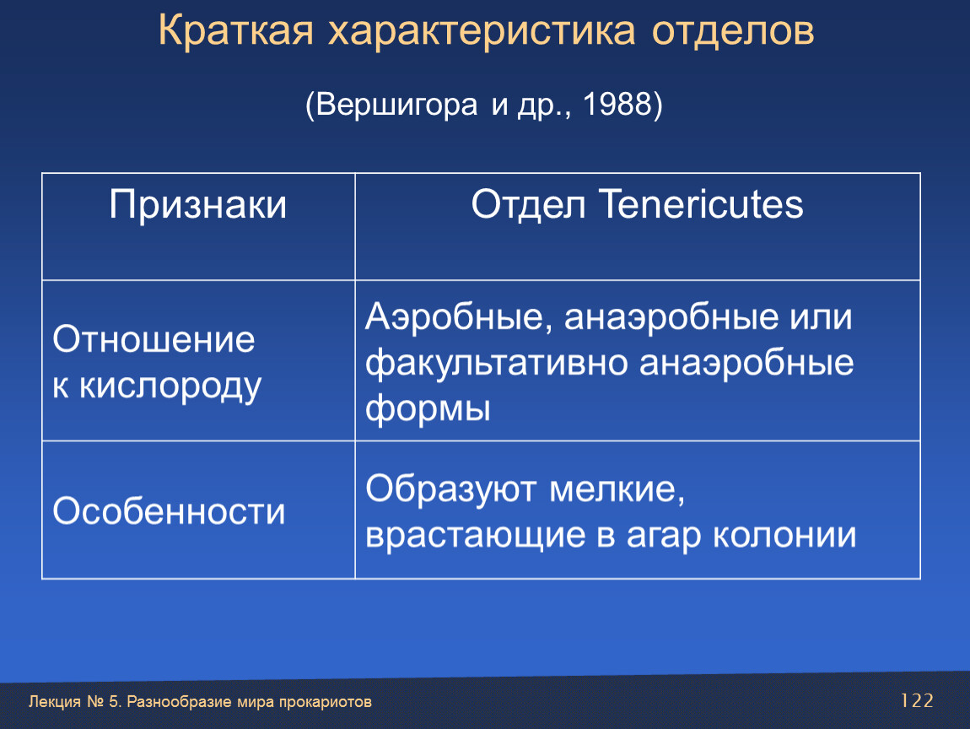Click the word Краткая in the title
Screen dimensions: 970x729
point(235,30)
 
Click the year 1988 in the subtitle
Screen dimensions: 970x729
point(617,103)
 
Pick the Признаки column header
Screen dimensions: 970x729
point(198,205)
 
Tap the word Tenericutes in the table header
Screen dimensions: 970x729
point(702,204)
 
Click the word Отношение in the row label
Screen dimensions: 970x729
point(154,339)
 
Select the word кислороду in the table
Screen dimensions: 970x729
point(170,387)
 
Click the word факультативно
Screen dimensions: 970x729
point(496,364)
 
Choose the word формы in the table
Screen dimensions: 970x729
point(428,408)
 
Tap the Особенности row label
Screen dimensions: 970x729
point(169,511)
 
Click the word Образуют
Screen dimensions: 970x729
point(451,489)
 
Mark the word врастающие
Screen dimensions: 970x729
point(475,535)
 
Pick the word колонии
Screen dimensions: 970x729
point(784,535)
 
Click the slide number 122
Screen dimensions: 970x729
point(917,700)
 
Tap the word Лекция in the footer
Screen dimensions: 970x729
point(55,702)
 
